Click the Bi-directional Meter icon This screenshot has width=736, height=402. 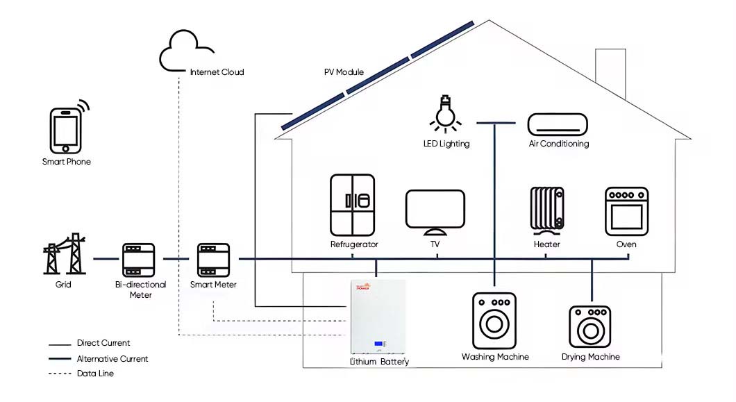point(141,260)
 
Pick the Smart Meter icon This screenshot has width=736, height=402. point(213,260)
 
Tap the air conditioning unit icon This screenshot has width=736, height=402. point(558,125)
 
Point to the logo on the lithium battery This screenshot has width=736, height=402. point(365,287)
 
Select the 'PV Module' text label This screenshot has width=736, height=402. point(344,72)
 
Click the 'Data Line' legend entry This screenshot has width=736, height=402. point(95,374)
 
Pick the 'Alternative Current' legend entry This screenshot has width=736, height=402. point(112,359)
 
